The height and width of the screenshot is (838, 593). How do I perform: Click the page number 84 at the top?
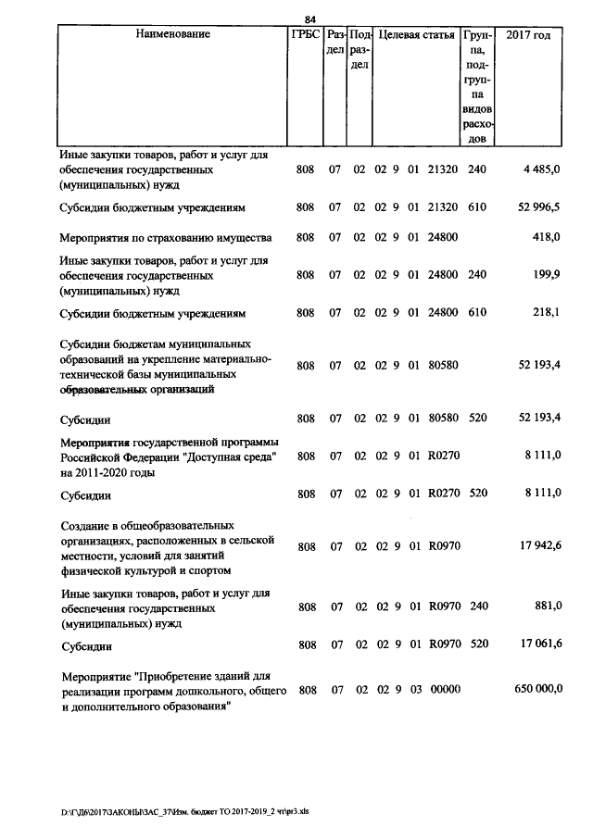pyautogui.click(x=309, y=19)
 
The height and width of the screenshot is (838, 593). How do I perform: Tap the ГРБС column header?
pyautogui.click(x=305, y=34)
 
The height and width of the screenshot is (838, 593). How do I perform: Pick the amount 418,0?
pyautogui.click(x=546, y=238)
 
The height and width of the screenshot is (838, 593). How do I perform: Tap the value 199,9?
pyautogui.click(x=546, y=275)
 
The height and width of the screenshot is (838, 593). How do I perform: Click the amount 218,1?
pyautogui.click(x=546, y=312)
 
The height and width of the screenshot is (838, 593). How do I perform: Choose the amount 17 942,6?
pyautogui.click(x=538, y=546)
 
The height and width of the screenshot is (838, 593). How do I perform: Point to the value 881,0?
pyautogui.click(x=546, y=607)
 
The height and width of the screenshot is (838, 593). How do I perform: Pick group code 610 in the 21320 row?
pyautogui.click(x=476, y=206)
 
